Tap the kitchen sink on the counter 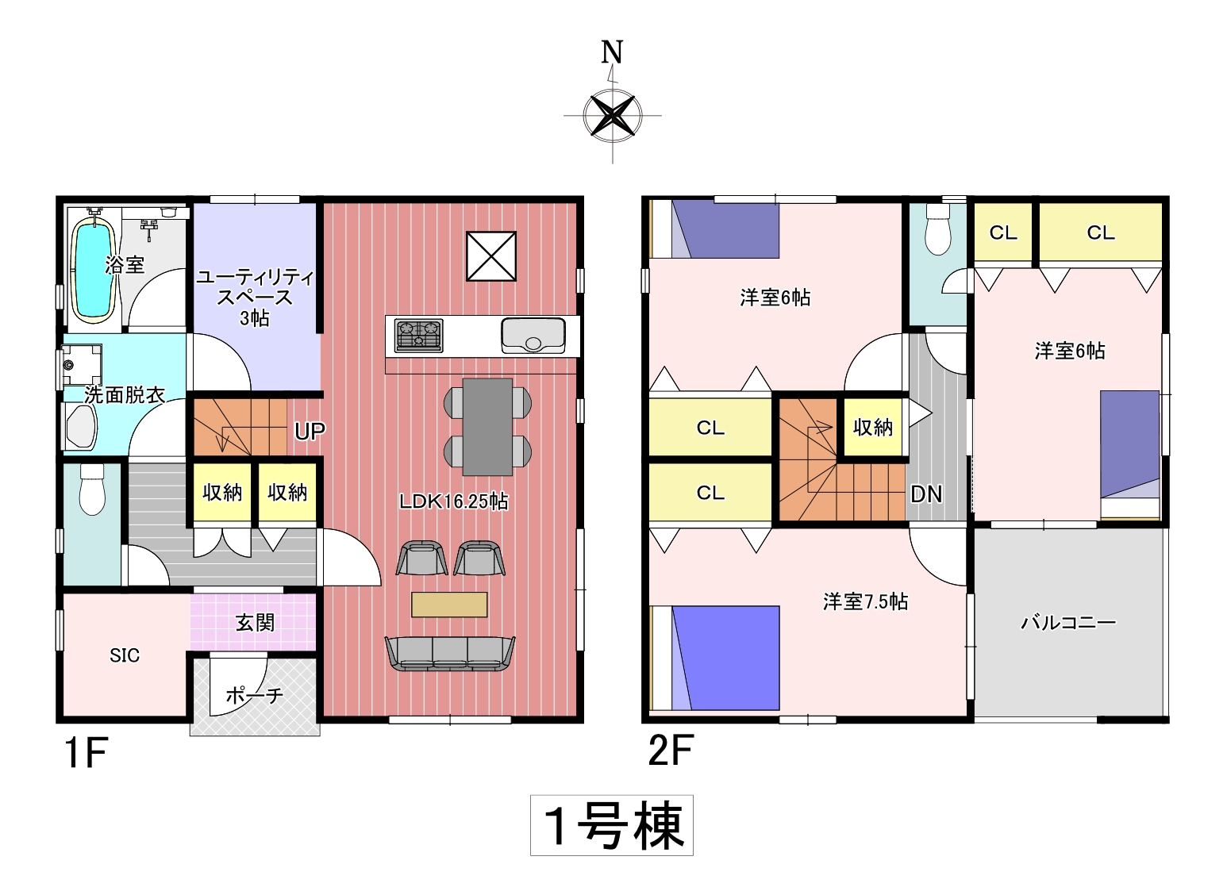tap(533, 335)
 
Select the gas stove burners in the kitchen tap(419, 335)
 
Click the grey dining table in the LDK tap(487, 427)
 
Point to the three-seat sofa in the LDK tap(450, 654)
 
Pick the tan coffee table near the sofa tap(449, 605)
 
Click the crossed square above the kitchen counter tap(490, 255)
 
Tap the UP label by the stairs tap(310, 432)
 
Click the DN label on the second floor tap(926, 494)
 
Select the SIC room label tap(125, 655)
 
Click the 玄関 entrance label tap(255, 622)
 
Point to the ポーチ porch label tap(254, 696)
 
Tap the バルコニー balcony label tap(1068, 623)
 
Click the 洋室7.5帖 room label tap(865, 601)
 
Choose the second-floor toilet tap(938, 230)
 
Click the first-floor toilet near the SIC tap(92, 490)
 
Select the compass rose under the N tap(613, 116)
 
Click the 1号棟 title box tap(611, 825)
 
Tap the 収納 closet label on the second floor tap(872, 427)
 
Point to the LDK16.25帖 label tap(453, 501)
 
